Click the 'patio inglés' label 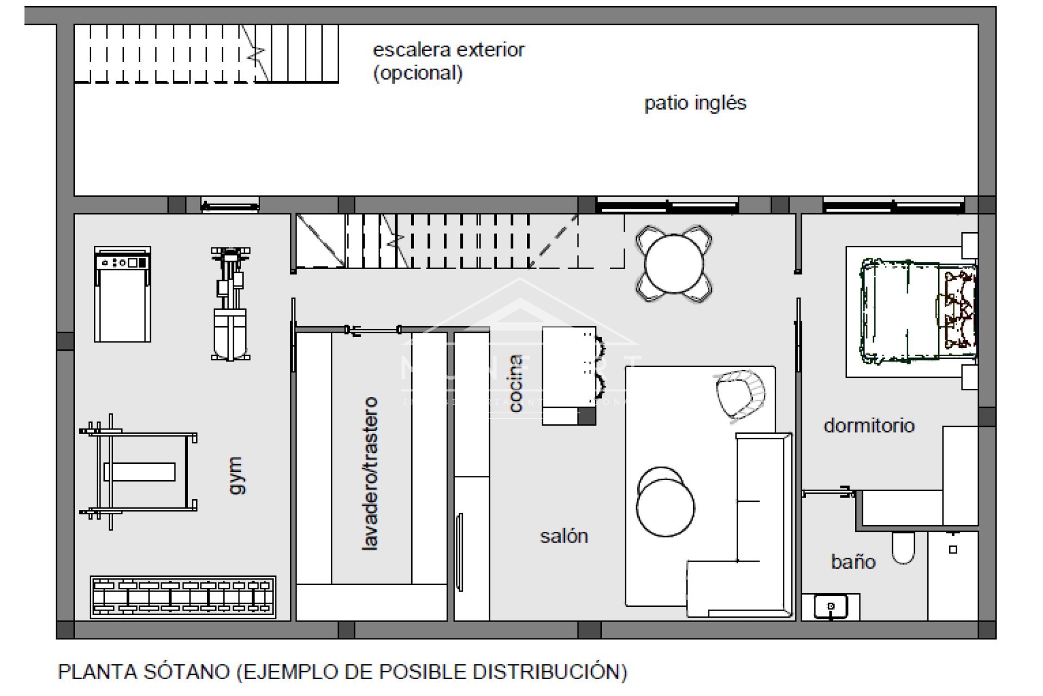tap(695, 103)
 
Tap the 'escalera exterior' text tap(448, 50)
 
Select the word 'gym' tap(236, 475)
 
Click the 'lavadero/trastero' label tap(370, 474)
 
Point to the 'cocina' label tap(515, 383)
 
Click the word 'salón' tap(564, 536)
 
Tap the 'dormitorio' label tap(869, 425)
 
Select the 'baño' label tap(853, 561)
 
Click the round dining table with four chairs tap(674, 264)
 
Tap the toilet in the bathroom tap(903, 547)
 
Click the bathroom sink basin tap(831, 607)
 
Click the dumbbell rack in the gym tap(183, 597)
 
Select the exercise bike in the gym tap(230, 304)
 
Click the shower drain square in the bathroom tap(953, 550)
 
